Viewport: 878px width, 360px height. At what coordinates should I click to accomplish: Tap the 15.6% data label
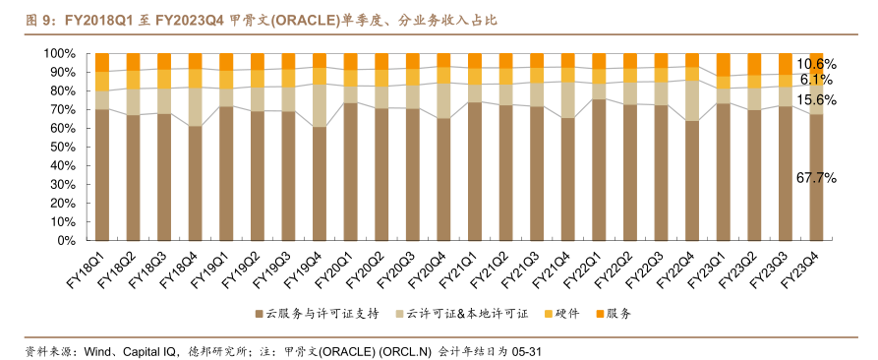817,100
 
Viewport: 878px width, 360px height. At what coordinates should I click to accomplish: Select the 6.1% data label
817,80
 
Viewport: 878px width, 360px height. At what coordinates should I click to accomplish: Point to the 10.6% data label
817,64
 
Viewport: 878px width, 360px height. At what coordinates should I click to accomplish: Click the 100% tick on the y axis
61,53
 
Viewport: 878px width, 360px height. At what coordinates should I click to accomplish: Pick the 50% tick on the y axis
64,147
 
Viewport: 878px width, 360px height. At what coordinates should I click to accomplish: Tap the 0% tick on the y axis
67,240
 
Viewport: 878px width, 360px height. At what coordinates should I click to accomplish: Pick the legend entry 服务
617,314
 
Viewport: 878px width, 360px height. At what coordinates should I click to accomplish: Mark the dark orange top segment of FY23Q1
724,64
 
